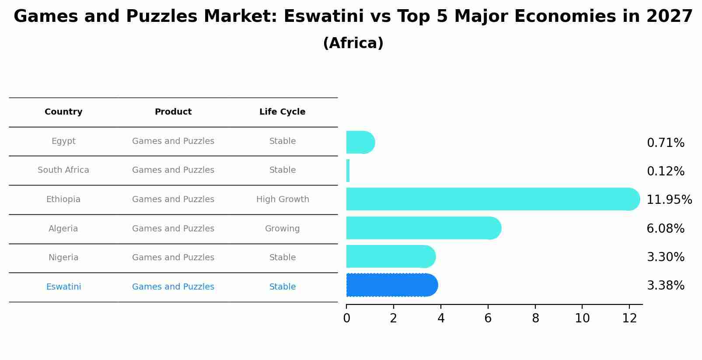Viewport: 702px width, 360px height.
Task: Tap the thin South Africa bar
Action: (348, 171)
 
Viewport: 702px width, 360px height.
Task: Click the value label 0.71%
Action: (665, 143)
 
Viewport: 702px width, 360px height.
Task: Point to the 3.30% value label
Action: (665, 257)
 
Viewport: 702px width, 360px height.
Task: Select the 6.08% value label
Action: (665, 228)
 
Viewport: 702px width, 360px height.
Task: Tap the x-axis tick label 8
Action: (535, 318)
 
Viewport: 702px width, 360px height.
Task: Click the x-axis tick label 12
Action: (629, 318)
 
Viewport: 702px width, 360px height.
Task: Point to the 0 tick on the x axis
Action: (346, 318)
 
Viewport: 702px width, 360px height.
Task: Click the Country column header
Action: (63, 112)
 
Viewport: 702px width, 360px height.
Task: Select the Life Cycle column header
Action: (282, 112)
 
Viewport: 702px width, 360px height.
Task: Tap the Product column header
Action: (173, 112)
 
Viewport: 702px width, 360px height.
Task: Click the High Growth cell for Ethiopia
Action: (283, 199)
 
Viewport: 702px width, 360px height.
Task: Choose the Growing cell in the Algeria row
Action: (282, 228)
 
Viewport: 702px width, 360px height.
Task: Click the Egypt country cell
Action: (63, 141)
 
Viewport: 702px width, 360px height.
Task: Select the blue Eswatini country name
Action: (63, 287)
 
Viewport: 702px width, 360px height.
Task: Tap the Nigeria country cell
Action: (63, 258)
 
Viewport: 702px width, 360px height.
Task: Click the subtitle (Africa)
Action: (353, 43)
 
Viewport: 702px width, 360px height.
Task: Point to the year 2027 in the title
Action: (669, 17)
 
